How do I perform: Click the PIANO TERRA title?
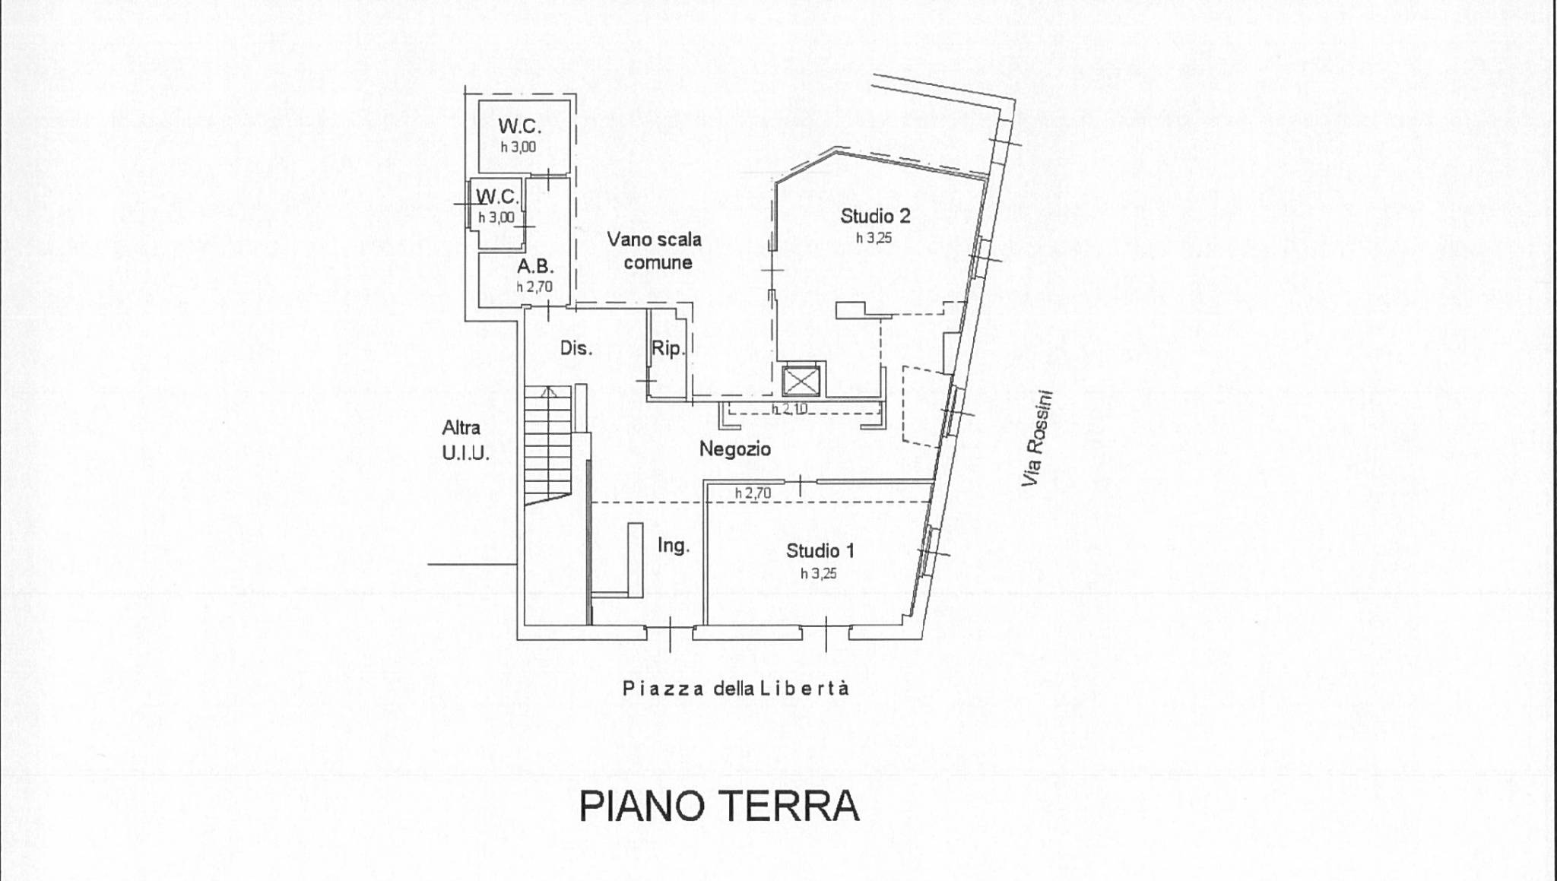(719, 807)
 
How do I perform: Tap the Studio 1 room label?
(820, 550)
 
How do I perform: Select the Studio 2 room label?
(875, 216)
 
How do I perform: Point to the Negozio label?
(734, 449)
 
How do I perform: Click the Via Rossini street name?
(1039, 439)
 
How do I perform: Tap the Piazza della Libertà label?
(735, 689)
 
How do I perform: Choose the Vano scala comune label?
(654, 251)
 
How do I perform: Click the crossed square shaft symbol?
(801, 381)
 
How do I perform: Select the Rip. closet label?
(668, 348)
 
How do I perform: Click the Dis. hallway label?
(576, 348)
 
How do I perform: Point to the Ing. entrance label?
(674, 545)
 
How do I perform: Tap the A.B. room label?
(535, 267)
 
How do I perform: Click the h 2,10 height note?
(790, 409)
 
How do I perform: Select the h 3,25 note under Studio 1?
(819, 573)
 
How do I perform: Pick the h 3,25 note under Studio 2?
(874, 238)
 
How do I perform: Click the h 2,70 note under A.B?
(534, 287)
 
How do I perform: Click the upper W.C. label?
(520, 125)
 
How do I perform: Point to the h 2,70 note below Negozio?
(753, 493)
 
